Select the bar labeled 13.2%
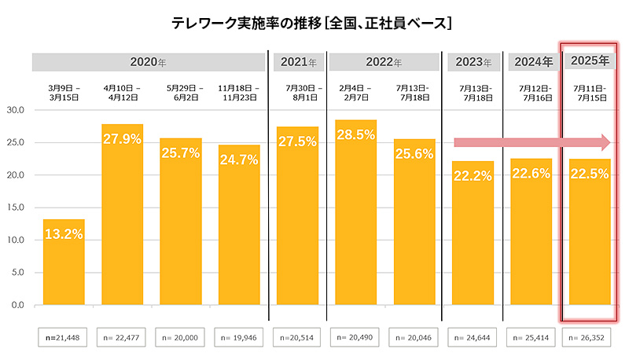point(63,263)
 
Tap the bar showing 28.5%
point(355,212)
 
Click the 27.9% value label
point(122,139)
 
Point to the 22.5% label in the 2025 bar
point(590,174)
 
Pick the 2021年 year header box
point(297,62)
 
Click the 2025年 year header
point(590,61)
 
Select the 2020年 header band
point(150,62)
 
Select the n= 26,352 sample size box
point(590,337)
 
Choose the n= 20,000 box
point(180,337)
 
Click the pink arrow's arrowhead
point(605,142)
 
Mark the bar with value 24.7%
point(239,228)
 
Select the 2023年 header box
point(473,62)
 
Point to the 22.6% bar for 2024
point(531,236)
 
